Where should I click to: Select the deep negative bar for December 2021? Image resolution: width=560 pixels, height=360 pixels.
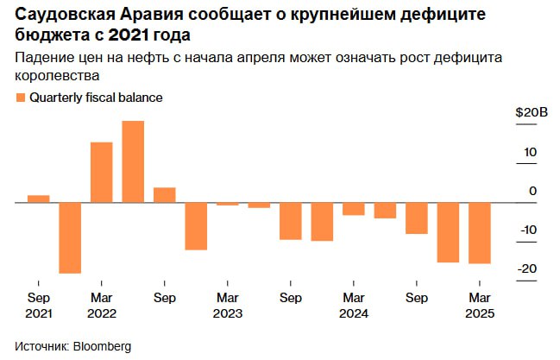pos(70,237)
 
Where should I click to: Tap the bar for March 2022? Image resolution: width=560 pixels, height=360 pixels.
pos(101,173)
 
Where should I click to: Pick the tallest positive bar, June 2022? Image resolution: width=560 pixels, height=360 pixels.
pos(133,161)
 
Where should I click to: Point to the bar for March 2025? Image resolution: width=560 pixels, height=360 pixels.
pos(479,233)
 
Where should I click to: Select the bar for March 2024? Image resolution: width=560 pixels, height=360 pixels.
pos(353,209)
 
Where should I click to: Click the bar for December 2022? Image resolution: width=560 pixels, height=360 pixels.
pos(196,226)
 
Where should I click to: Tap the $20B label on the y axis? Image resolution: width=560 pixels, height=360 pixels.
pos(531,113)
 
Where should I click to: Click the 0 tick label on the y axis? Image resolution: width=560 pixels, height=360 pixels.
pos(532,191)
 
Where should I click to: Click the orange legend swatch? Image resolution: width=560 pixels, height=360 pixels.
pos(21,98)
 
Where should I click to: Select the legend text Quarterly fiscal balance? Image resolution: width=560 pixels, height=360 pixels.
pos(96,98)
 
